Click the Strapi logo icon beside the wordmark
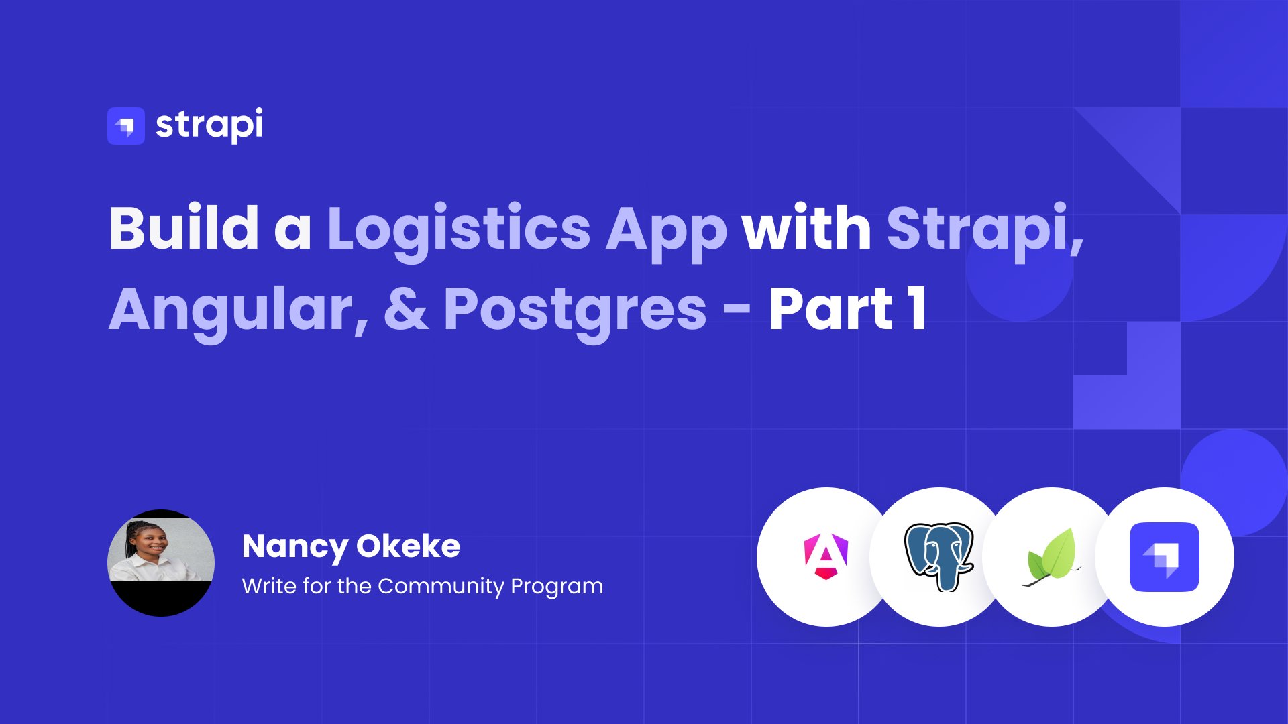[x=126, y=126]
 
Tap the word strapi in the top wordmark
[x=209, y=125]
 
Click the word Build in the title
[x=184, y=228]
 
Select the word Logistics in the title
[x=459, y=231]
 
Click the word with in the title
[x=806, y=228]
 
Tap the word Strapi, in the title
[x=985, y=232]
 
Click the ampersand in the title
[x=407, y=309]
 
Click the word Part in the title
[x=831, y=308]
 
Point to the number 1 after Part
[x=917, y=308]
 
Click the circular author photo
[x=161, y=563]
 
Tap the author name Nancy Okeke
[x=351, y=547]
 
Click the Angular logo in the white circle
[x=826, y=556]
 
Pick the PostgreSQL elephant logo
[x=939, y=556]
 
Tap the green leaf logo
[x=1052, y=558]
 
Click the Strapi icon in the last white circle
[x=1165, y=557]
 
